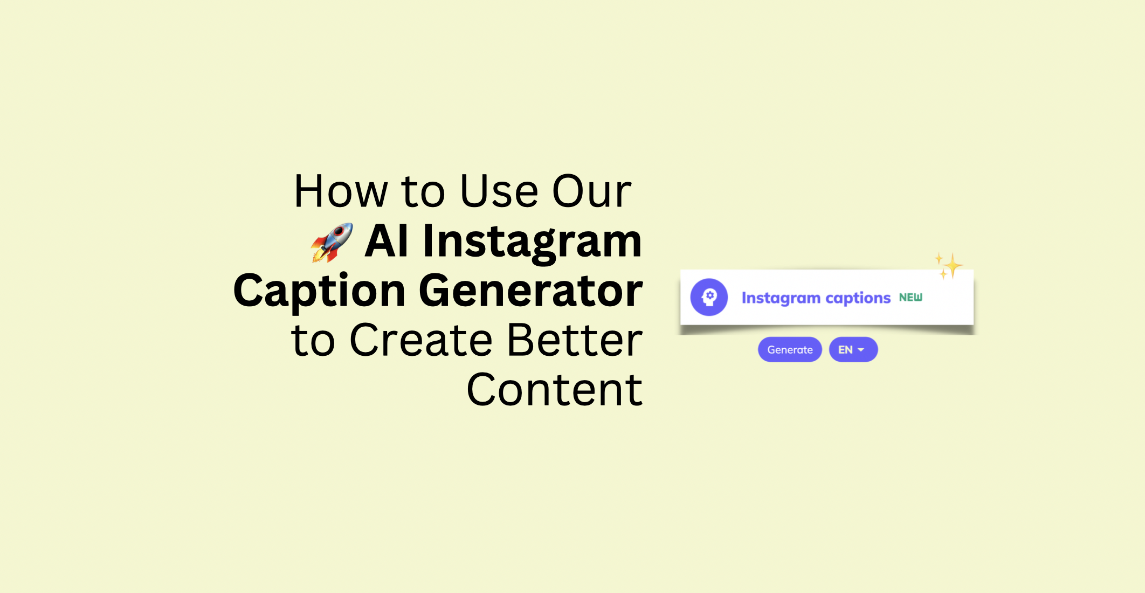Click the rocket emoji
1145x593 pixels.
pyautogui.click(x=332, y=243)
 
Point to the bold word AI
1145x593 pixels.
pyautogui.click(x=386, y=241)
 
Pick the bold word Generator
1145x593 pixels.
pyautogui.click(x=531, y=291)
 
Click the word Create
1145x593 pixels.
pyautogui.click(x=421, y=340)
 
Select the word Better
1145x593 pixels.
pyautogui.click(x=575, y=340)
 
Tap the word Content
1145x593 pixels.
pyautogui.click(x=555, y=390)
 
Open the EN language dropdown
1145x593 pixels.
pyautogui.click(x=853, y=350)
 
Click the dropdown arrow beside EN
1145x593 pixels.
pyautogui.click(x=861, y=350)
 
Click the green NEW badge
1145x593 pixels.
pyautogui.click(x=911, y=298)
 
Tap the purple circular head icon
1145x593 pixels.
pyautogui.click(x=709, y=297)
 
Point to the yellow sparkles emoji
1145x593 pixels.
pyautogui.click(x=949, y=266)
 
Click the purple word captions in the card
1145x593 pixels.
pyautogui.click(x=858, y=299)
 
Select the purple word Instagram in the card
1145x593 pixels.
pyautogui.click(x=781, y=299)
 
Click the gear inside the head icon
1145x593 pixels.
pyautogui.click(x=711, y=295)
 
